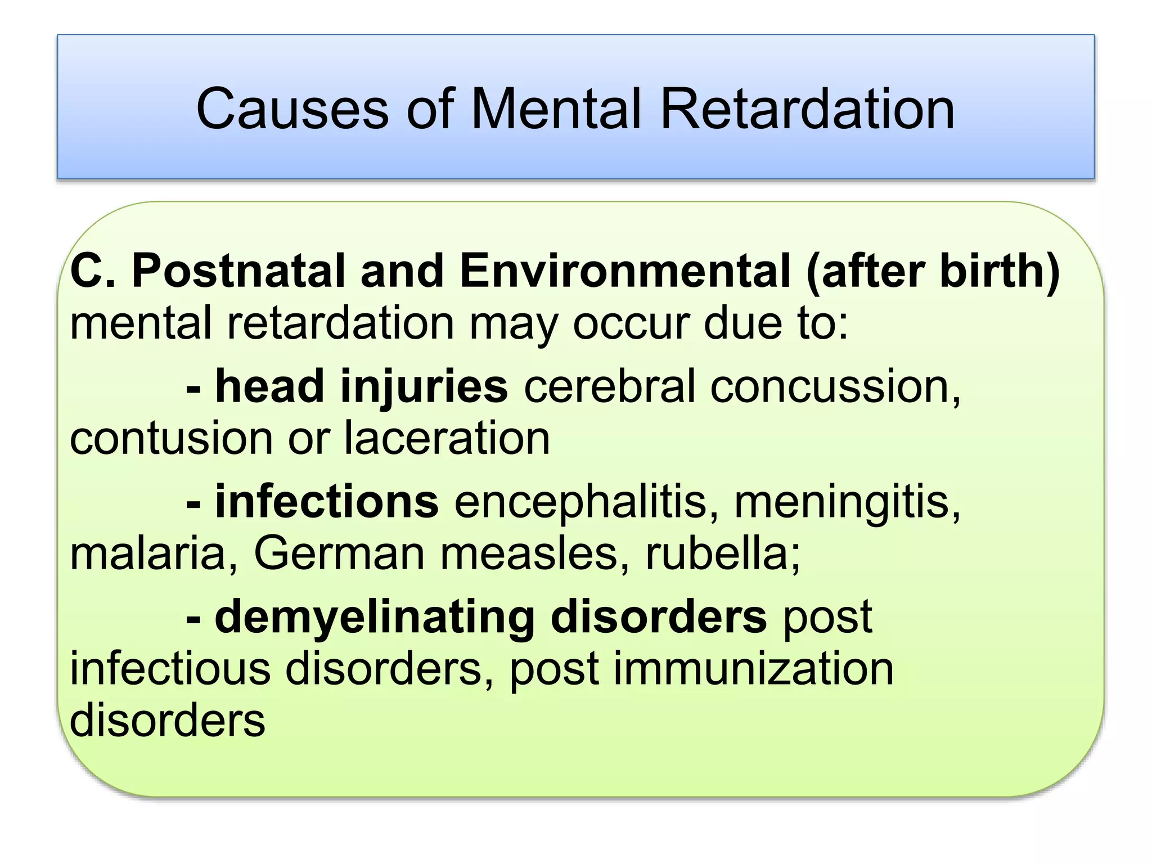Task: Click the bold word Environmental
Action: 625,271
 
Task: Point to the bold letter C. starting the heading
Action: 92,271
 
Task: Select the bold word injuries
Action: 424,387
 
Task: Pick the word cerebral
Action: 610,387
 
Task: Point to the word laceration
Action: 447,439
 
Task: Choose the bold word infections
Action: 327,502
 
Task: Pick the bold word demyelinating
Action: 374,618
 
